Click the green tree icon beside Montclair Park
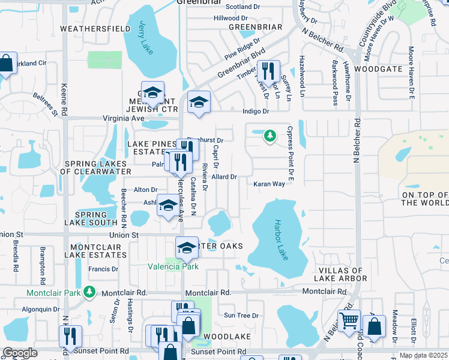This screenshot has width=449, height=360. [x=89, y=292]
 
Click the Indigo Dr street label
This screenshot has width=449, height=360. [x=256, y=111]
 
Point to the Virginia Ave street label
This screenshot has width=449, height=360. [x=125, y=118]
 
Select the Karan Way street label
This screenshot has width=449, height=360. [x=268, y=184]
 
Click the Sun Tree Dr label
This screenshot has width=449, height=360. [x=240, y=315]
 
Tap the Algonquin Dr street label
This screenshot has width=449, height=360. [x=39, y=309]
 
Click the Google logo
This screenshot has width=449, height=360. [x=20, y=353]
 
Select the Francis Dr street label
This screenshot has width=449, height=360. [x=103, y=269]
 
